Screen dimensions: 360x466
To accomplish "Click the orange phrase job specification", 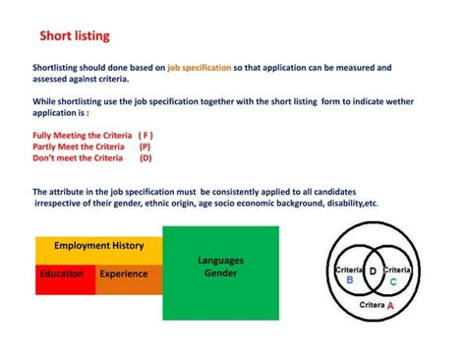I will click(200, 68).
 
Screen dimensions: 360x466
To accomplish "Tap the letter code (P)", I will click(146, 146).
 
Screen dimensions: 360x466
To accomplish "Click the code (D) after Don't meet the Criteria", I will click(146, 157).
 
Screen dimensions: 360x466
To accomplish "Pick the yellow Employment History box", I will click(98, 246).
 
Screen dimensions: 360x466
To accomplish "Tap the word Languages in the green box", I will click(220, 261).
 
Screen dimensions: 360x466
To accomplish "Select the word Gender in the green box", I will click(220, 272).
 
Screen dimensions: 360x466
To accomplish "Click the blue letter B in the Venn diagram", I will click(349, 279).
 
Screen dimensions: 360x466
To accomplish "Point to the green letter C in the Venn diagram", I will click(393, 281).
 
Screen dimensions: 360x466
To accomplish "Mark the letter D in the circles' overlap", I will click(373, 270).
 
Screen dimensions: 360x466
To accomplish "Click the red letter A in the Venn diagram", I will click(390, 306).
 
